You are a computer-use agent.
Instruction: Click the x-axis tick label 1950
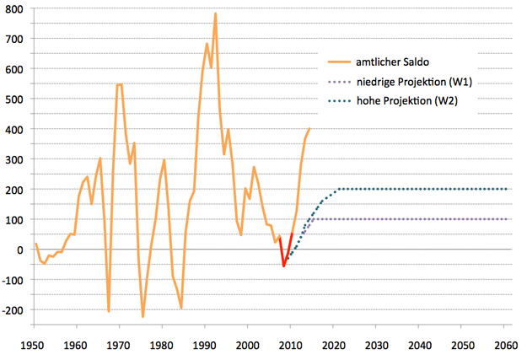[34, 346]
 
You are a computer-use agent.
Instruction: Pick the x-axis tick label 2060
[506, 346]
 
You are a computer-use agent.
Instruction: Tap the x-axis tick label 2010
[291, 346]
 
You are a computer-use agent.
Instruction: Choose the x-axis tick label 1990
[205, 346]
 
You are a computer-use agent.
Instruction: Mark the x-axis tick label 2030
[377, 346]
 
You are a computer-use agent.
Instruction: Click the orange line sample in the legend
[342, 62]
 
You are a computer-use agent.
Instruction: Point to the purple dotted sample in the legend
[342, 82]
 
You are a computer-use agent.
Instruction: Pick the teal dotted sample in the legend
[342, 101]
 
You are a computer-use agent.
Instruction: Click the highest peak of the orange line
[215, 13]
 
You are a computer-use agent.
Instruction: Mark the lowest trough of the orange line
[143, 317]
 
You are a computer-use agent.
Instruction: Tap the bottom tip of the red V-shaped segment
[284, 266]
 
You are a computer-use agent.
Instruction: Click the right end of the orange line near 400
[309, 129]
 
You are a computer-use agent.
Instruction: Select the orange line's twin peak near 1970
[119, 84]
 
